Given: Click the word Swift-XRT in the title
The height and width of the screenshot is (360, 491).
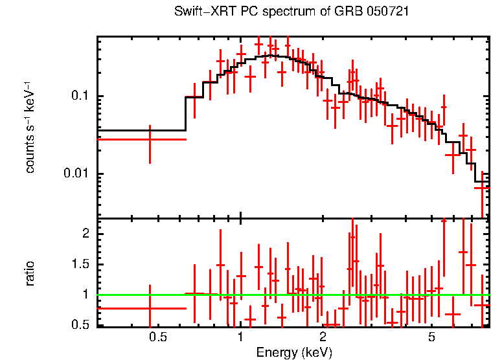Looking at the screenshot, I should [x=203, y=12].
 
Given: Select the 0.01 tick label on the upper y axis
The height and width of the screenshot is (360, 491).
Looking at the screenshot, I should [x=76, y=174].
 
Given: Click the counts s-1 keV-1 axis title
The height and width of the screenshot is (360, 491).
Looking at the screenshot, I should [x=30, y=127].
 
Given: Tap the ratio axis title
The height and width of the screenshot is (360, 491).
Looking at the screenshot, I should [x=30, y=273].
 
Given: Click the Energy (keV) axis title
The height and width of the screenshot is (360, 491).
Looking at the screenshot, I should [x=293, y=352].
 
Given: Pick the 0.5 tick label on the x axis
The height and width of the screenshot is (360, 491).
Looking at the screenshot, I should [x=158, y=337].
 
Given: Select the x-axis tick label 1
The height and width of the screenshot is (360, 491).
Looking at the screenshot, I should [x=240, y=337].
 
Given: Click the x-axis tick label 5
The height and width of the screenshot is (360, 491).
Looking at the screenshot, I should [x=431, y=337].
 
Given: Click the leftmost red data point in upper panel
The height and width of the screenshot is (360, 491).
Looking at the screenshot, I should [x=150, y=139].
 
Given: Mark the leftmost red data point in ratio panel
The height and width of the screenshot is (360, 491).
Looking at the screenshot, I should [x=150, y=308].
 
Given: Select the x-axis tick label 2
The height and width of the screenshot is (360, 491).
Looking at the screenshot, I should [x=323, y=337].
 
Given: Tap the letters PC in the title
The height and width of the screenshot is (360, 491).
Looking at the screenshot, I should [x=249, y=12].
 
